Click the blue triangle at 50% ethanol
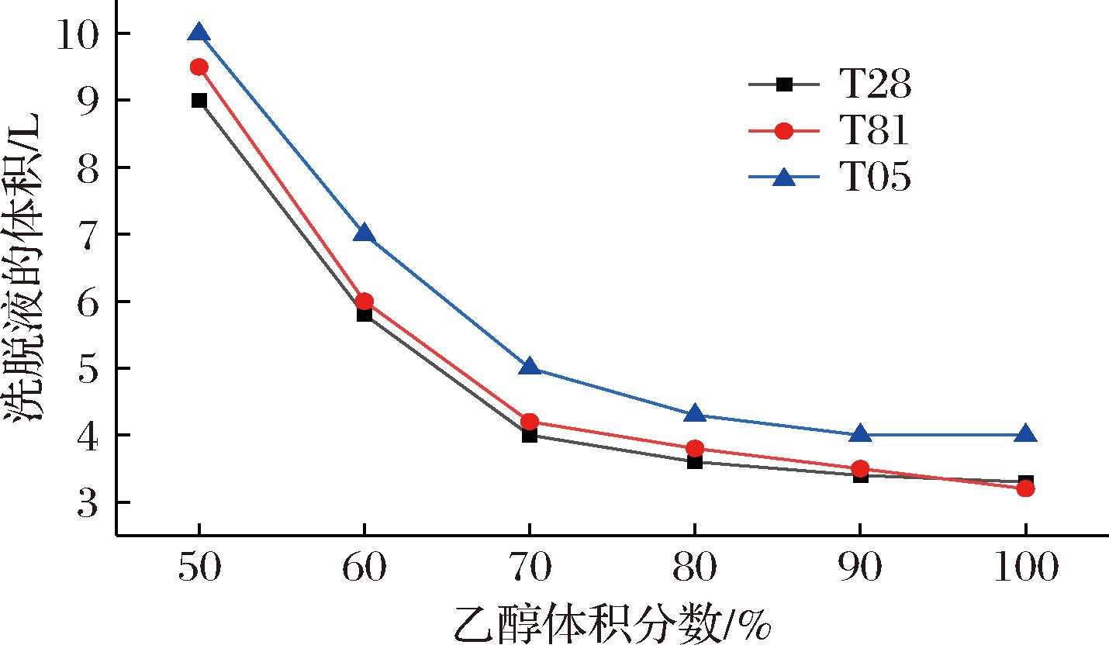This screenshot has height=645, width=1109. tap(199, 33)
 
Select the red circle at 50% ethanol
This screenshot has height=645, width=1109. tap(199, 67)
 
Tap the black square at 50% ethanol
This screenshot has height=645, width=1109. tap(199, 100)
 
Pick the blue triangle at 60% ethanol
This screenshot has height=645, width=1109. tap(364, 233)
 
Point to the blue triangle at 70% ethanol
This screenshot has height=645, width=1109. tap(530, 367)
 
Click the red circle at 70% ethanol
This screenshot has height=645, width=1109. tap(530, 422)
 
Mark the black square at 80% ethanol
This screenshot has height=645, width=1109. tap(695, 461)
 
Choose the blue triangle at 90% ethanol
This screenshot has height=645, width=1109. tap(860, 434)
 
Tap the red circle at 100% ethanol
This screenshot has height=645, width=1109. tap(1025, 488)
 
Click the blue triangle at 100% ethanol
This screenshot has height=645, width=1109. tap(1025, 434)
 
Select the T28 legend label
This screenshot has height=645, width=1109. tap(875, 85)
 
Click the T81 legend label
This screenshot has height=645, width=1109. tap(875, 132)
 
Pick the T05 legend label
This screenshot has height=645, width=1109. tap(875, 178)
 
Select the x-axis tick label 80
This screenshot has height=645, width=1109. tap(695, 569)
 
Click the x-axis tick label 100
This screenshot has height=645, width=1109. tap(1025, 569)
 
